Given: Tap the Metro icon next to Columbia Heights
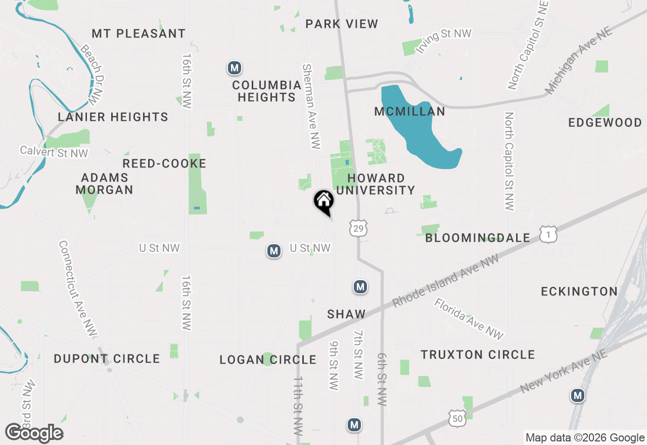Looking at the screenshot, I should tap(234, 68).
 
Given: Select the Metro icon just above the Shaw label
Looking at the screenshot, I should tap(360, 287).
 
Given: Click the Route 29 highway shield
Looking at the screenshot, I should tap(358, 229).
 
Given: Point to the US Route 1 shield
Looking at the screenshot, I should tap(548, 235).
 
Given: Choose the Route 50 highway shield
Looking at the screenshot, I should tap(456, 418).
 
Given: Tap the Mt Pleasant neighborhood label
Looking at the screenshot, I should tap(138, 34).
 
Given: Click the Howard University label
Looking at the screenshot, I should tap(376, 184).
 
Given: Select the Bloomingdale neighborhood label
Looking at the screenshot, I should tap(478, 238).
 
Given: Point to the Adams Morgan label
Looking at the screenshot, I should tap(105, 184).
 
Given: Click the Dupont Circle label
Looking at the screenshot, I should tap(107, 359).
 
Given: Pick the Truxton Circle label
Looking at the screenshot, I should tap(478, 354).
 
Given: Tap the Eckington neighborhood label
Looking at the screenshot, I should tap(579, 291).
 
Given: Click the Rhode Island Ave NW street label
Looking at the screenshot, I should tap(445, 280).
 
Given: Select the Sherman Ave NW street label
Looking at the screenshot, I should tap(311, 106).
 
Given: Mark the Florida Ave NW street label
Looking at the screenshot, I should tap(469, 319).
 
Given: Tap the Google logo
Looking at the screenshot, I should tap(34, 433).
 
